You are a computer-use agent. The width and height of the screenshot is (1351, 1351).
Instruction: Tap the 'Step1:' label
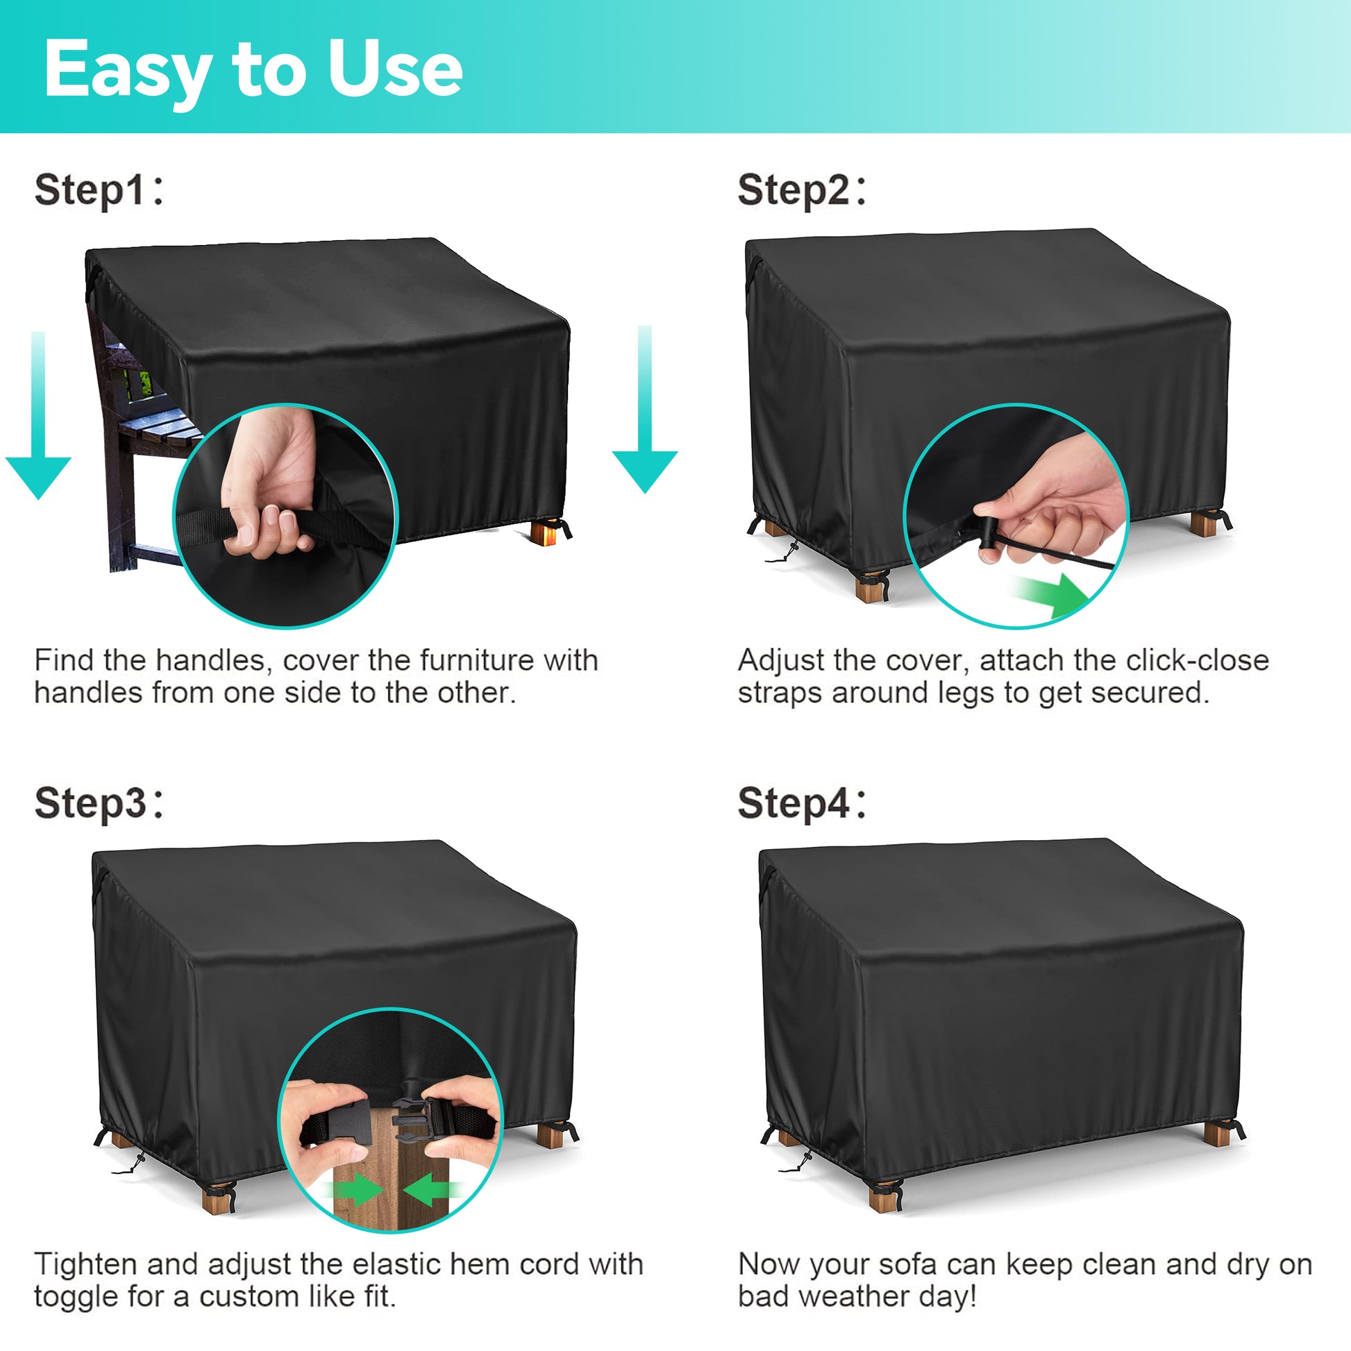coord(99,190)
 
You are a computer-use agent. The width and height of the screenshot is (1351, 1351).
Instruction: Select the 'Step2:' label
coord(802,190)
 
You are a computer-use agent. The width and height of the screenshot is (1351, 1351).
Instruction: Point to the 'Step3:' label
coord(99,803)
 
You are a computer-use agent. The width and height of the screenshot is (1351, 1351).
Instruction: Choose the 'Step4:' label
coord(802,803)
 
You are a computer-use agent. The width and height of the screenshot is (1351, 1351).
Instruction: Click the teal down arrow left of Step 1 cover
coord(38,415)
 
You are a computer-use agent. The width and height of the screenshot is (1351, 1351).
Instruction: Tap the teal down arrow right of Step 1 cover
coord(645,409)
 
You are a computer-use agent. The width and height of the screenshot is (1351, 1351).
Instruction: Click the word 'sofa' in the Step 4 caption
coord(907,1266)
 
